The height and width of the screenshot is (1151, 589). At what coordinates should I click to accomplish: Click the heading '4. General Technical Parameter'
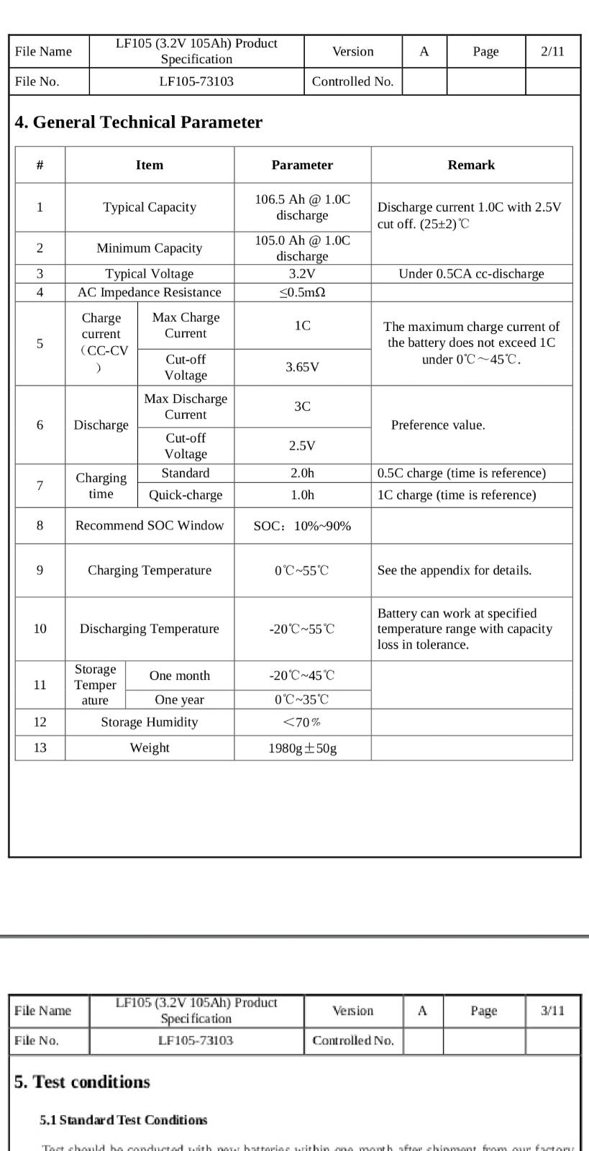coord(138,122)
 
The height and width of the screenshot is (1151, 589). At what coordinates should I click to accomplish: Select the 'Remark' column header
coord(471,165)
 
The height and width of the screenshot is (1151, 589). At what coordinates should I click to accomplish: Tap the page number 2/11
coord(552,51)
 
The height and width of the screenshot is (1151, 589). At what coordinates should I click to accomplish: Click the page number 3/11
coord(552,1011)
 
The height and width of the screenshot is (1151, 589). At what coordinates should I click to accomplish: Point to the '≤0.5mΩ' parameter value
coord(302,292)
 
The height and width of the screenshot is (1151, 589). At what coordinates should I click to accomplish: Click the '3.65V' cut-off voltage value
coord(302,367)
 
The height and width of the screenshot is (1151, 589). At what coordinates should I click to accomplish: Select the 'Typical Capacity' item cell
coord(150,207)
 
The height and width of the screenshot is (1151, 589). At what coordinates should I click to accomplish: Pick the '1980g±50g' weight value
coord(302,748)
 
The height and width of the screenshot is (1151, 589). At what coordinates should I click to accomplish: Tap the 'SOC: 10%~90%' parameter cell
coord(302,526)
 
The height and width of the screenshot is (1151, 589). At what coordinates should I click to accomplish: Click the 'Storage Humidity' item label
coord(150,722)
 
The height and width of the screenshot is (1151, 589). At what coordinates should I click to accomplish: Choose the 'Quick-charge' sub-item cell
coord(186,495)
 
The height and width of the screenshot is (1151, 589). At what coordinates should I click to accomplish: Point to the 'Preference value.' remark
coord(438,425)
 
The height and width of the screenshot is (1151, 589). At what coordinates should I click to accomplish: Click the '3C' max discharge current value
coord(302,406)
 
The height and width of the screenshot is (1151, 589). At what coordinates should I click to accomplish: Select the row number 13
coord(40,747)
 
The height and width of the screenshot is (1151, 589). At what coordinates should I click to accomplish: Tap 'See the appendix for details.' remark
coord(455,570)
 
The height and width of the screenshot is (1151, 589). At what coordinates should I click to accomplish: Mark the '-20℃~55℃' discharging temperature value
coord(302,629)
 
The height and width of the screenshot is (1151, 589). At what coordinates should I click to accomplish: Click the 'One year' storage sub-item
coord(179,700)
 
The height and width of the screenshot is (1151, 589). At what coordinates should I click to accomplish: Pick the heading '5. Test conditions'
coord(82,1082)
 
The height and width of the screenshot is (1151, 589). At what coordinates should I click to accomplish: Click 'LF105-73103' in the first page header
coord(196,81)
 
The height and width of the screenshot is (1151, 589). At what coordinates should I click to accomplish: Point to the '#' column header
coord(40,165)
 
